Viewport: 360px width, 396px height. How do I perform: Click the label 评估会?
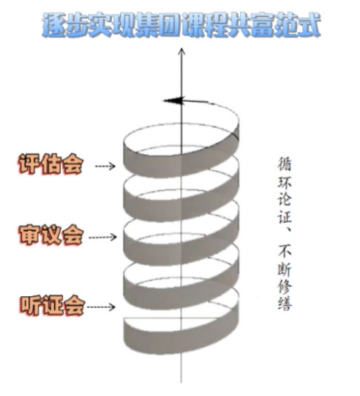pyautogui.click(x=50, y=164)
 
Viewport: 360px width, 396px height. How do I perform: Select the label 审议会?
pyautogui.click(x=51, y=235)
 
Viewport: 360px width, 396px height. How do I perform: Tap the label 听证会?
pyautogui.click(x=52, y=306)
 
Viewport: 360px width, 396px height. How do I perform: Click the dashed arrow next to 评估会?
pyautogui.click(x=105, y=166)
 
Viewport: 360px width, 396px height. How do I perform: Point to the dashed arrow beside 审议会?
pyautogui.click(x=103, y=237)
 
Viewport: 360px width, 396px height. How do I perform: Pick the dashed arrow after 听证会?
pyautogui.click(x=101, y=307)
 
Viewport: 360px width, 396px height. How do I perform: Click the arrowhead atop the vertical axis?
pyautogui.click(x=181, y=51)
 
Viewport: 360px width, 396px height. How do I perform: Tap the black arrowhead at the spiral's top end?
pyautogui.click(x=173, y=101)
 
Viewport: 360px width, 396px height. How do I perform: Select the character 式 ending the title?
pyautogui.click(x=308, y=25)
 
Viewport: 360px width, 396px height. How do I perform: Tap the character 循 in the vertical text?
pyautogui.click(x=284, y=164)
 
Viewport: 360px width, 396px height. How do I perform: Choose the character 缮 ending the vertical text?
pyautogui.click(x=285, y=303)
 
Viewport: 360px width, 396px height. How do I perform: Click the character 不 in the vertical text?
pyautogui.click(x=285, y=251)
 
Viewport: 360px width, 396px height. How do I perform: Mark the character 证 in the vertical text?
pyautogui.click(x=285, y=216)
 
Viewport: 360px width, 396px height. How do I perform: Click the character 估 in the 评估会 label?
pyautogui.click(x=51, y=164)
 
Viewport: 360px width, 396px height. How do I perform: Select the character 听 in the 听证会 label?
pyautogui.click(x=30, y=306)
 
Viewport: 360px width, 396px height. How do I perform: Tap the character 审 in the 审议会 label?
pyautogui.click(x=29, y=235)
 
